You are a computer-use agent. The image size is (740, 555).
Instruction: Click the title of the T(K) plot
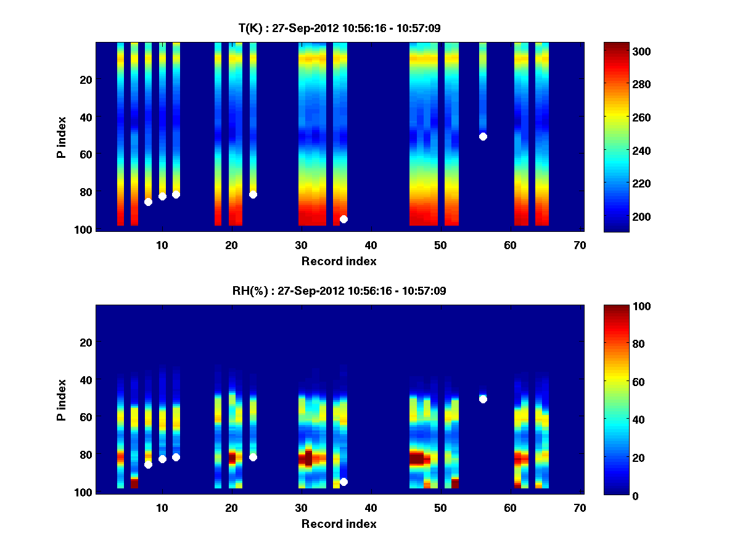tap(339, 28)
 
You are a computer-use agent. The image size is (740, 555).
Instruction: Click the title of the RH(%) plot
tap(339, 290)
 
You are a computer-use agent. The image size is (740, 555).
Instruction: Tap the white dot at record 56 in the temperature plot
tap(483, 136)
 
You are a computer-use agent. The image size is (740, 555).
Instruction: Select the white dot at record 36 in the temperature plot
tap(343, 219)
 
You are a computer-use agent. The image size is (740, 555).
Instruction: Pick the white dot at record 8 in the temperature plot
tap(148, 202)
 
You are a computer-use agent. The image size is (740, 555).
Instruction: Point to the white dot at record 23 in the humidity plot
tap(253, 457)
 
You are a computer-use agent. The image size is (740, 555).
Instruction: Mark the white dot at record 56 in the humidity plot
tap(483, 399)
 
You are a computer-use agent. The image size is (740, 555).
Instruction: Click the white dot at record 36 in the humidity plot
tap(343, 482)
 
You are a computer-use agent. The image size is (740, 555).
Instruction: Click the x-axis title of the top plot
tap(339, 261)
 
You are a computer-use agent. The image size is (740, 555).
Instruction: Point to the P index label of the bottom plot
tap(61, 400)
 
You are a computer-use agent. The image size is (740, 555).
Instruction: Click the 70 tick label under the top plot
tap(580, 245)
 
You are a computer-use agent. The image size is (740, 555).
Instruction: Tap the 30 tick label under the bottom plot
tap(301, 508)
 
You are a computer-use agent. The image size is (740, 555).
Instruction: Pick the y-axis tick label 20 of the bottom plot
tap(86, 342)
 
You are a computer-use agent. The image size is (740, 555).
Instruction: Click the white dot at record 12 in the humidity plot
tap(176, 457)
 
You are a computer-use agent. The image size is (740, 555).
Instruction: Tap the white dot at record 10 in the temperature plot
tap(162, 196)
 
